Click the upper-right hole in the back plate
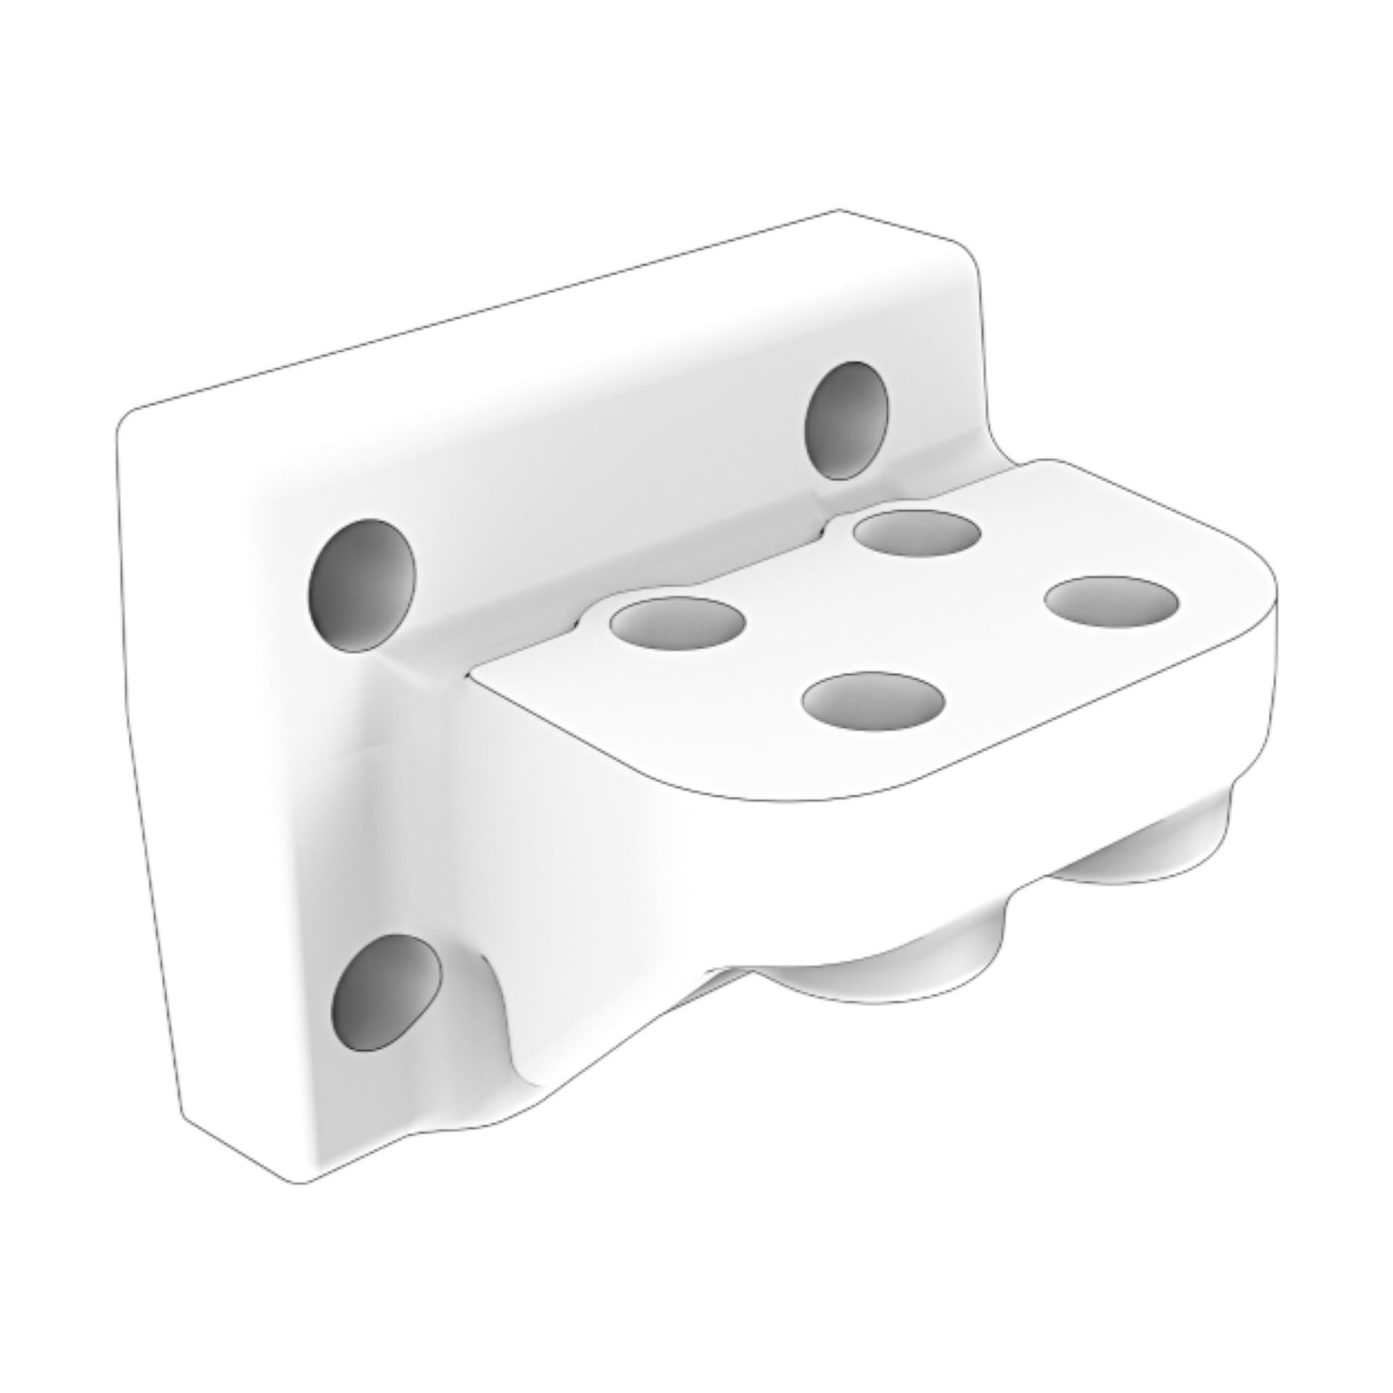click(846, 420)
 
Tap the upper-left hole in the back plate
click(362, 586)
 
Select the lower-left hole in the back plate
click(386, 994)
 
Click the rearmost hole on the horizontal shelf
click(917, 534)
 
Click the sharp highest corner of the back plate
click(839, 209)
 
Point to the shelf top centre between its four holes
click(897, 617)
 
